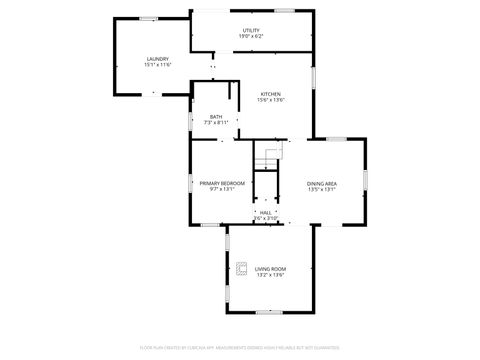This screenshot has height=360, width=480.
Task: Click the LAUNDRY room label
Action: [x=157, y=58]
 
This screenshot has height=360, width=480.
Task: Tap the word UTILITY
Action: [x=251, y=30]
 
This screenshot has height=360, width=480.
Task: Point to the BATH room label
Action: [x=216, y=116]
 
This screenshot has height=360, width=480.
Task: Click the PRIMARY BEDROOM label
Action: [x=222, y=183]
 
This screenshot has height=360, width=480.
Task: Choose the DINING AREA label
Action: [x=322, y=183]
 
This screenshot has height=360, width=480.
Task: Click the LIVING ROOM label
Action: [x=270, y=269]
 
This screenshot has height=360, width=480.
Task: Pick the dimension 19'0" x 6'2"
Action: [x=251, y=36]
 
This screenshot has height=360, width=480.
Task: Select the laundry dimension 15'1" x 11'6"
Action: [x=158, y=64]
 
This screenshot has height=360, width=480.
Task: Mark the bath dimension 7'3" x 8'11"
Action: [x=217, y=122]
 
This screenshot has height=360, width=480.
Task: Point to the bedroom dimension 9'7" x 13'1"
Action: [x=222, y=189]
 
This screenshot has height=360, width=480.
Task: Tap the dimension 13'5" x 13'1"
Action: [x=322, y=189]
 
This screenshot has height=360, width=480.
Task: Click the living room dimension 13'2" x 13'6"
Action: [x=270, y=275]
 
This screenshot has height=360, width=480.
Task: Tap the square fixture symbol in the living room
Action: [x=241, y=268]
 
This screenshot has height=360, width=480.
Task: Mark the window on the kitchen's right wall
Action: [x=313, y=76]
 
